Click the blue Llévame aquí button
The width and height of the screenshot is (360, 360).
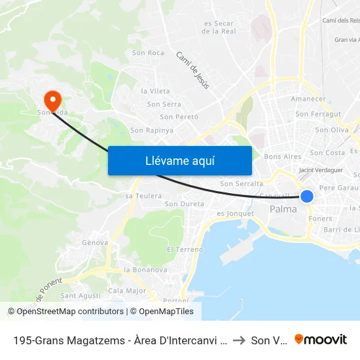179,161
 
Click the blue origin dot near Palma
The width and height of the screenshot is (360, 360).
306,196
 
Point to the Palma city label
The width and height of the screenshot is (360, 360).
283,209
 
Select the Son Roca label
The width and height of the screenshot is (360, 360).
148,53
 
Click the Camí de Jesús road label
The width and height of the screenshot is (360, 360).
192,70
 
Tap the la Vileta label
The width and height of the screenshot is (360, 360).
155,91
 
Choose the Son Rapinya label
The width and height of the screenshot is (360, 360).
152,130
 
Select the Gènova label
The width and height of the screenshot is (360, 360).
96,242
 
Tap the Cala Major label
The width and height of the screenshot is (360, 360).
127,291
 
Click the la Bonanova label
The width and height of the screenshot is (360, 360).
145,270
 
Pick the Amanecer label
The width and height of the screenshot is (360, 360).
308,99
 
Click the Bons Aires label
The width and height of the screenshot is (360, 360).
282,157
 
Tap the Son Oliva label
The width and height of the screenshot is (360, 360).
331,130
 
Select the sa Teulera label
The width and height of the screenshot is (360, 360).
143,196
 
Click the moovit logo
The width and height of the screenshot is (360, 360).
321,339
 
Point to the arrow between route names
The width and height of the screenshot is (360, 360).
238,340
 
